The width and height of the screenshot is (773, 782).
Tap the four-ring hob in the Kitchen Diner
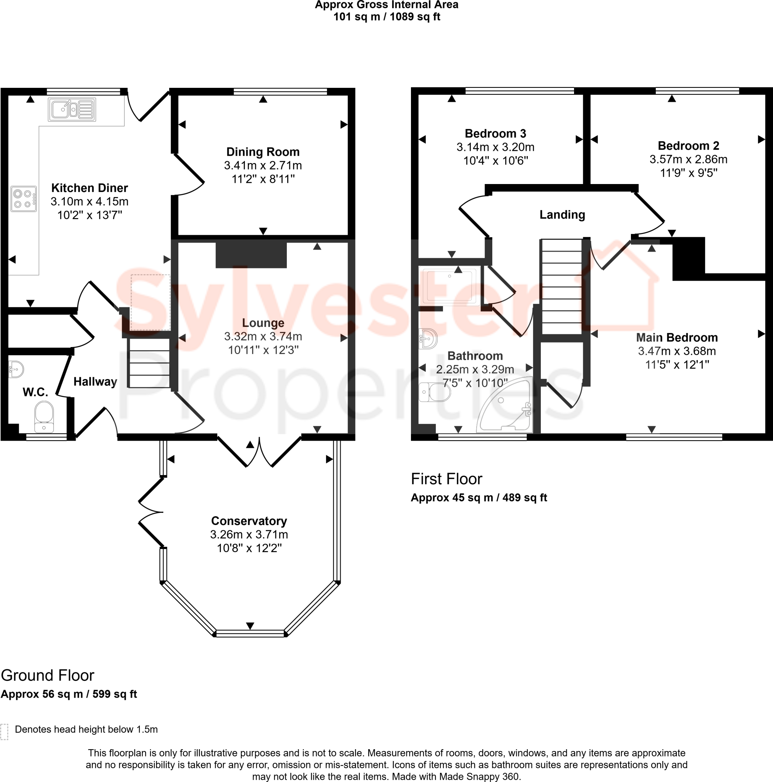pyautogui.click(x=23, y=199)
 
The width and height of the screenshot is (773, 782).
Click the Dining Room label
pyautogui.click(x=263, y=152)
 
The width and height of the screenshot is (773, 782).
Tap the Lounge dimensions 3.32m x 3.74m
pyautogui.click(x=263, y=336)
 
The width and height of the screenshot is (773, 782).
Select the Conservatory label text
pyautogui.click(x=249, y=521)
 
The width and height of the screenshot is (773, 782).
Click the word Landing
pyautogui.click(x=562, y=215)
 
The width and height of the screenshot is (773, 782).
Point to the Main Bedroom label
pyautogui.click(x=677, y=338)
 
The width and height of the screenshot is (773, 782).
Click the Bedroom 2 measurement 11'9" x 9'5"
pyautogui.click(x=688, y=173)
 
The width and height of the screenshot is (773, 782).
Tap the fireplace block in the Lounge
pyautogui.click(x=251, y=255)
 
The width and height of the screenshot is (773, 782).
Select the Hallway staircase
pyautogui.click(x=149, y=363)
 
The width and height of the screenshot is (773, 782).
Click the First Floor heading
pyautogui.click(x=446, y=479)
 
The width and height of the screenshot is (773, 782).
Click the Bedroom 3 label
pyautogui.click(x=495, y=134)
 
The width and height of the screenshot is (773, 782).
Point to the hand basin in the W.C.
pyautogui.click(x=16, y=369)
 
